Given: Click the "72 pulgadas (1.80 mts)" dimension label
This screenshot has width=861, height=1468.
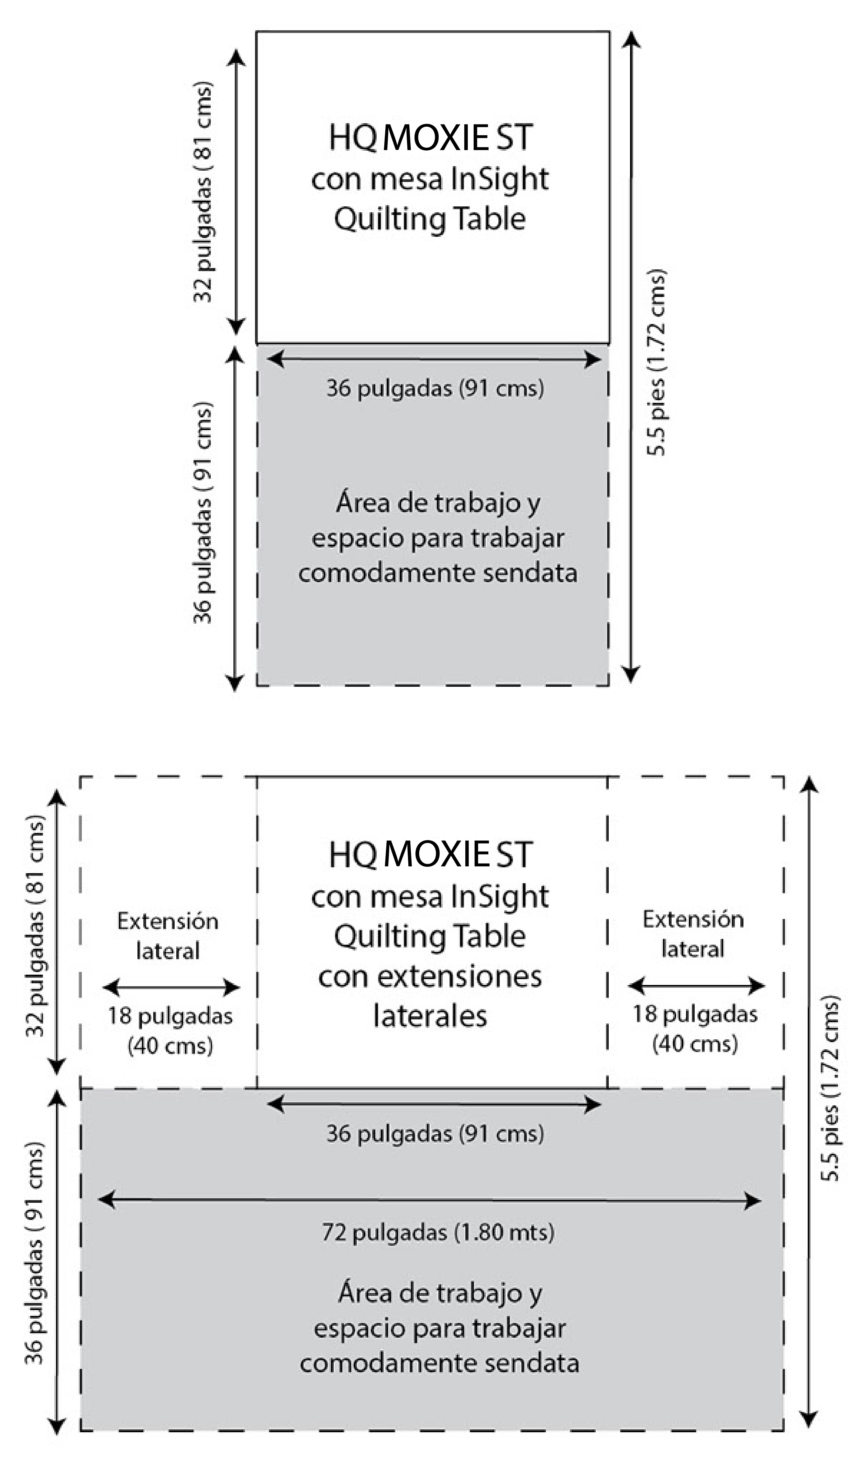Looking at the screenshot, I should (438, 1232).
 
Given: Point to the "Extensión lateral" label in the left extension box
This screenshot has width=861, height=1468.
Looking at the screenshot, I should (168, 935).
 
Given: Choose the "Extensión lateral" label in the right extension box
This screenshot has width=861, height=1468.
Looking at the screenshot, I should (693, 934).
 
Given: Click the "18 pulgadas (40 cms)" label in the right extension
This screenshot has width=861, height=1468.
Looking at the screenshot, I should (695, 1029).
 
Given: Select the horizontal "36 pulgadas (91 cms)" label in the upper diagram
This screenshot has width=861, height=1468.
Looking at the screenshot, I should (435, 388).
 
